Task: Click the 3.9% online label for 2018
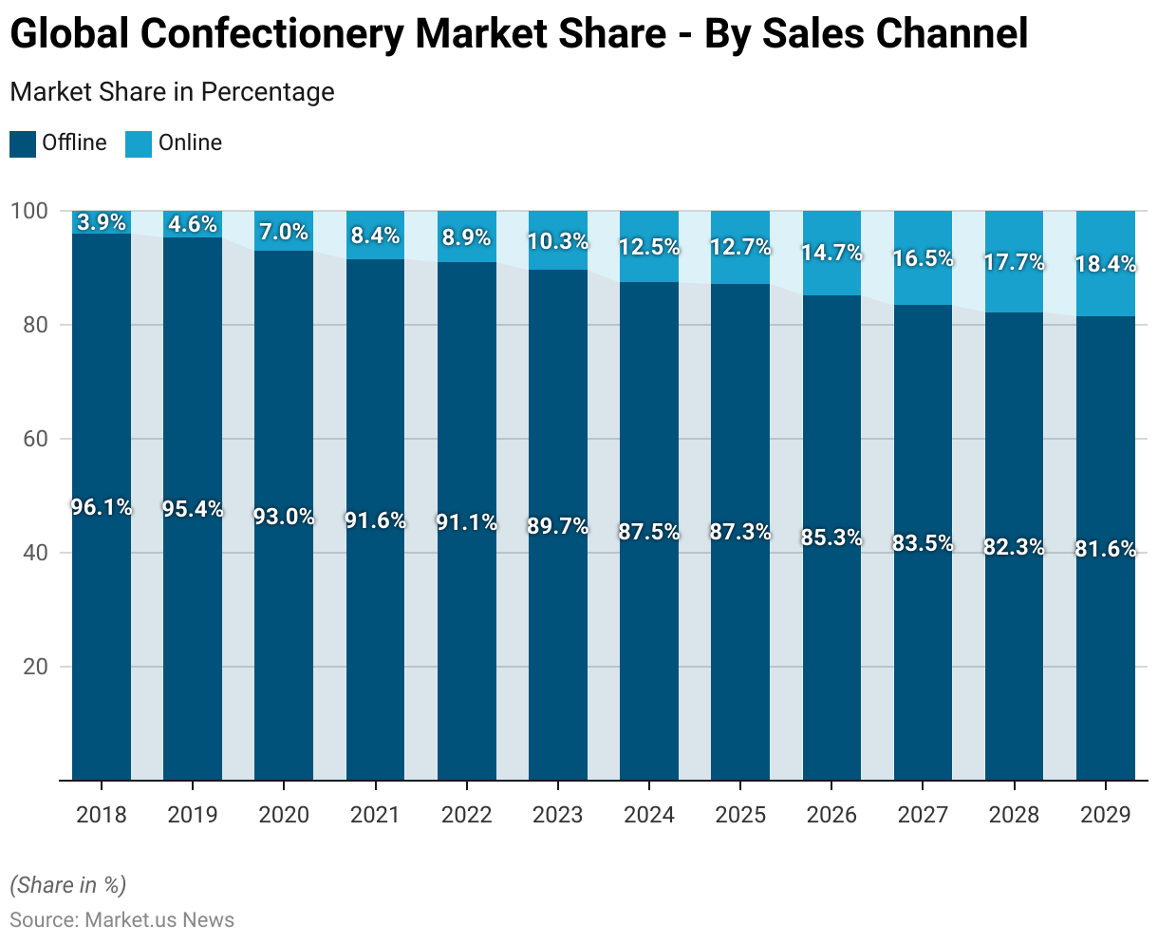(102, 222)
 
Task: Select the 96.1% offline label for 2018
(102, 507)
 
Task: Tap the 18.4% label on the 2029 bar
(1106, 265)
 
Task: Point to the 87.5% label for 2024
(649, 532)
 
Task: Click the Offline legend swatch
(23, 143)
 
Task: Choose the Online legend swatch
(139, 143)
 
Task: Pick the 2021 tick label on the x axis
(376, 815)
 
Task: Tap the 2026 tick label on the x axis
(831, 815)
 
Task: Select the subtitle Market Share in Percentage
(172, 92)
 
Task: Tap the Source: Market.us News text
(121, 919)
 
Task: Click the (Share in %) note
(67, 885)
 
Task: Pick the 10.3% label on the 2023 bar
(558, 241)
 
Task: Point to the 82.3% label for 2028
(1015, 547)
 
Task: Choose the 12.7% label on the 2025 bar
(740, 248)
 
